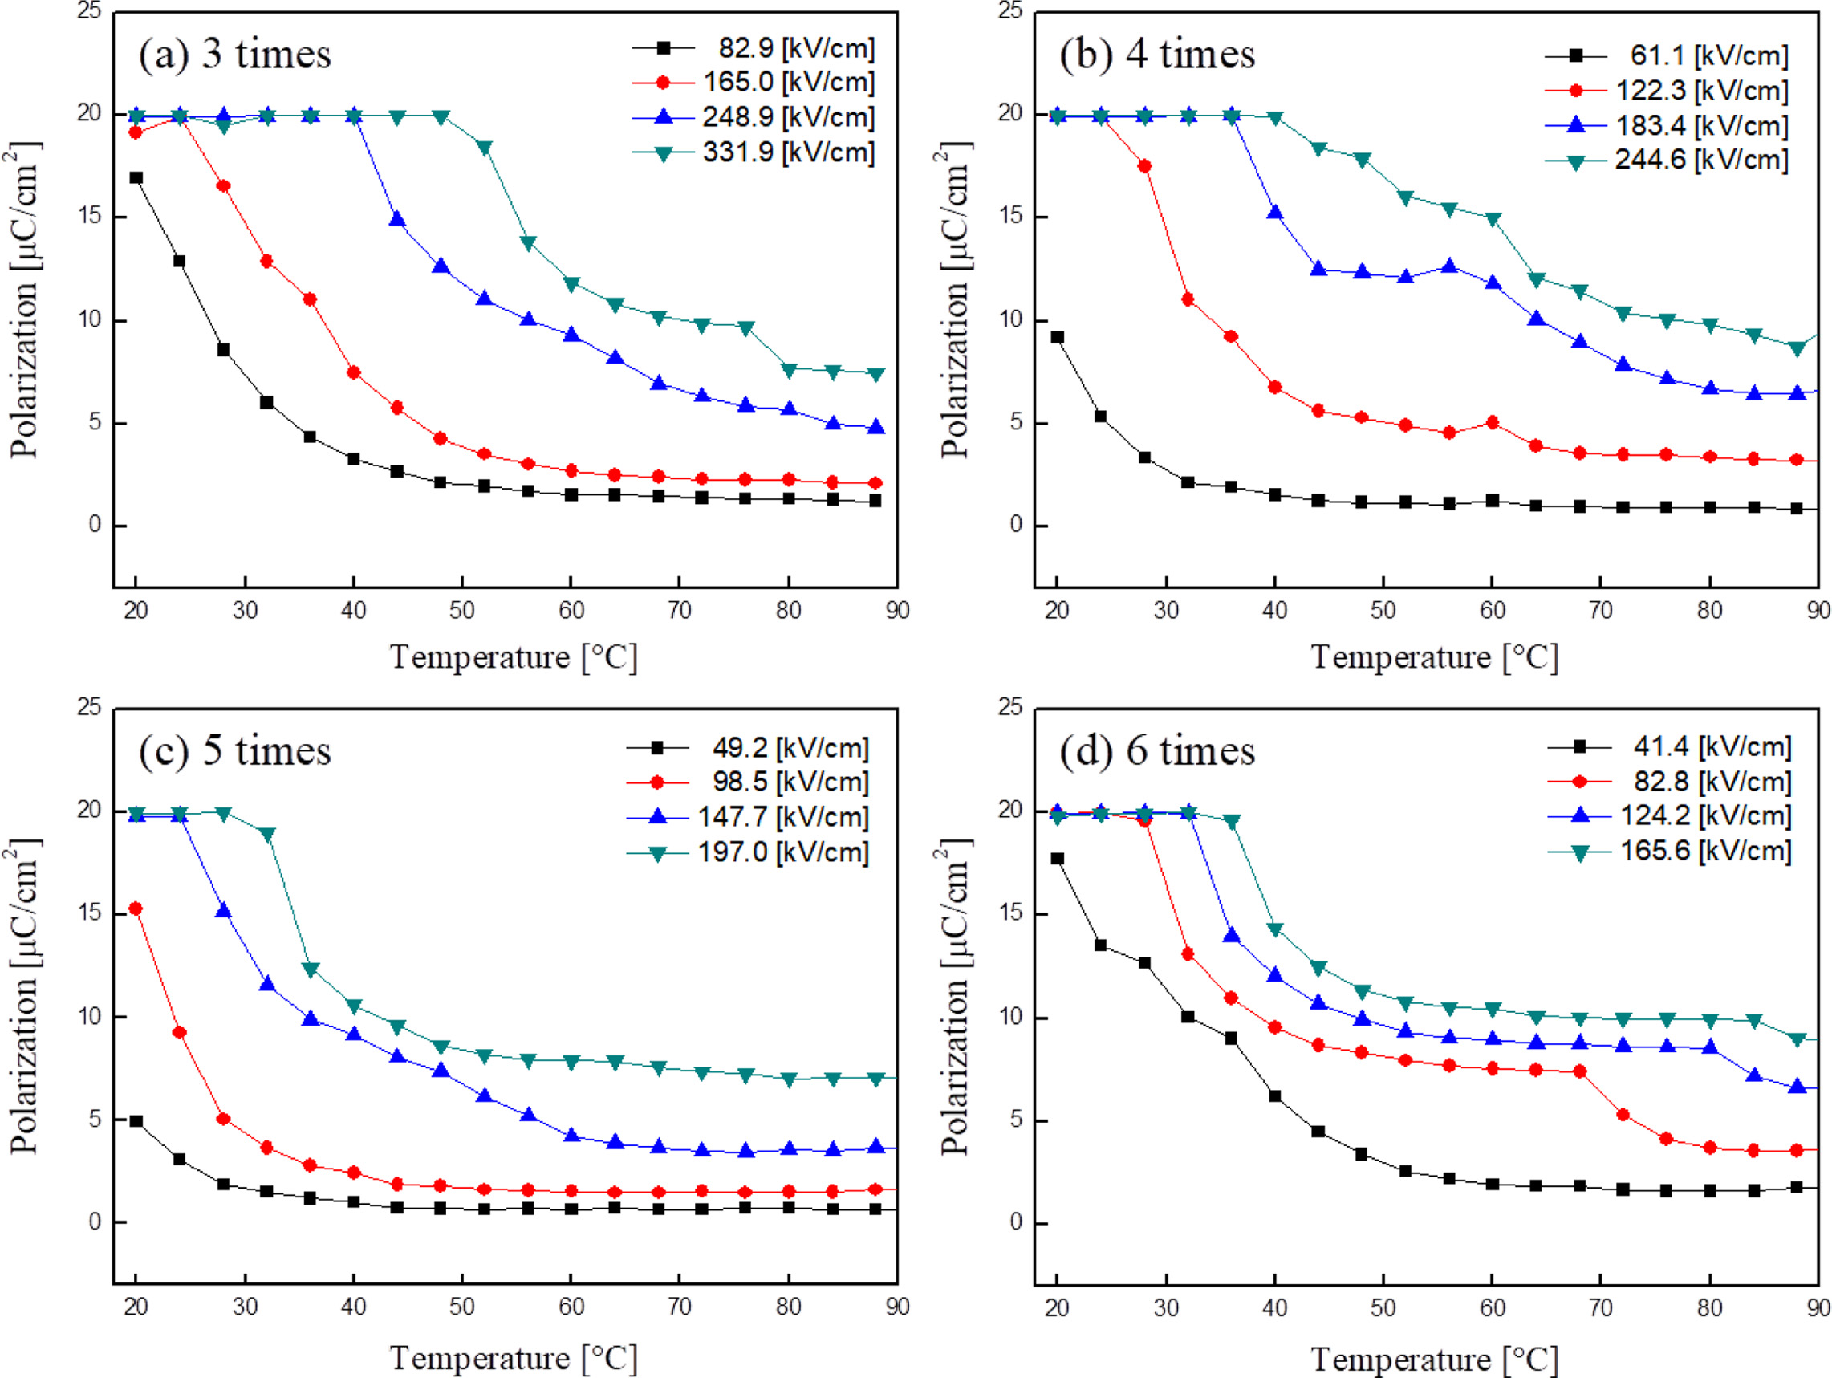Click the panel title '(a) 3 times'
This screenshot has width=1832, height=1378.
tap(234, 55)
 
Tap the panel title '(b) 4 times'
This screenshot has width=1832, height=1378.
tap(1157, 55)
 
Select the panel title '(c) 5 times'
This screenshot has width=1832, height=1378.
tap(234, 751)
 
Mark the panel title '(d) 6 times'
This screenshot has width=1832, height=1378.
tap(1157, 751)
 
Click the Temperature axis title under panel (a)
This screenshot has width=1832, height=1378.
tap(514, 657)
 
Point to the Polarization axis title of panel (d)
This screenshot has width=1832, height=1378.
tap(955, 997)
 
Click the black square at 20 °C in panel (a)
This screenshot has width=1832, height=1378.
tap(136, 177)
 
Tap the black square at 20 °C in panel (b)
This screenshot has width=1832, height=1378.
tap(1057, 337)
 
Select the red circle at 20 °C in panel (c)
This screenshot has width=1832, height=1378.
tap(136, 909)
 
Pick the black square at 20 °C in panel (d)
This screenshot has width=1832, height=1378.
tap(1057, 859)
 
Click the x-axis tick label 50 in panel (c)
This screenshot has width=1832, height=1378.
tap(462, 1307)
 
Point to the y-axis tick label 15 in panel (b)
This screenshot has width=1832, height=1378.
tap(1010, 216)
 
